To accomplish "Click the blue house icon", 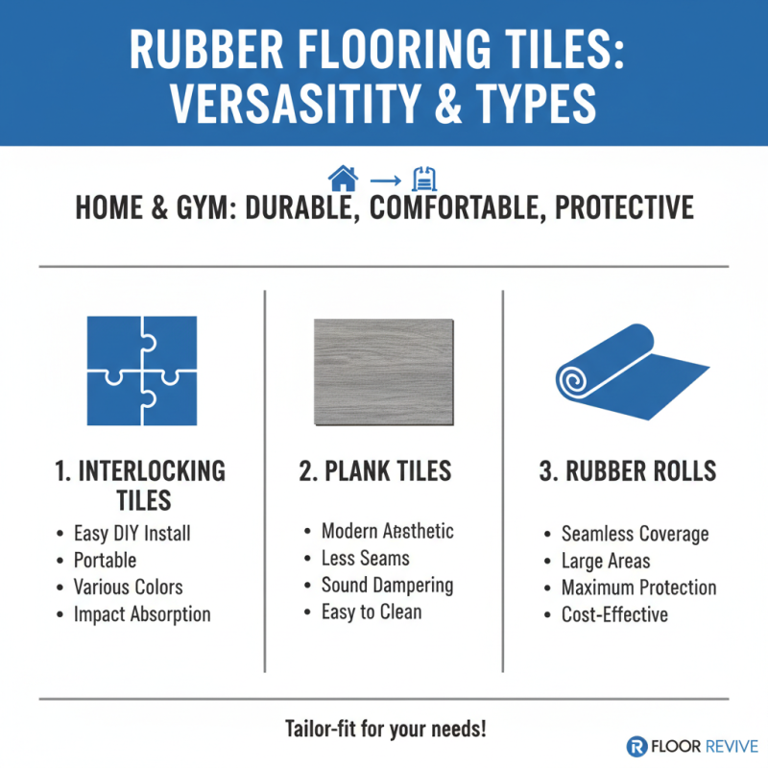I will coord(342,178).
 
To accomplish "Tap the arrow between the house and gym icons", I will coord(384,179).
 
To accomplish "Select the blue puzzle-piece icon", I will coord(141,371).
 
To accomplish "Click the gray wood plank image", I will coord(384,372).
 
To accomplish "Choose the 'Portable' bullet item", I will coord(105,560).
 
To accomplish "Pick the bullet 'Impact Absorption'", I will coord(141,613).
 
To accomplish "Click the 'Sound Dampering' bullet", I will coord(387,585).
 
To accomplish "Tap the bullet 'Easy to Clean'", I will coord(372,612).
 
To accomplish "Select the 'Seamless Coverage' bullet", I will coord(635,534).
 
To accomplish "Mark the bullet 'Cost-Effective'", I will coord(614,614).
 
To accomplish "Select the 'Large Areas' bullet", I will coord(606,561).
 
